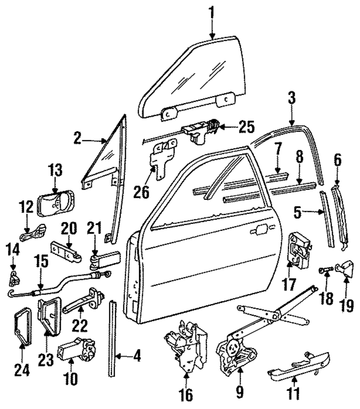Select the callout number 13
pyautogui.click(x=55, y=170)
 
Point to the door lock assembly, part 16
pyautogui.click(x=185, y=346)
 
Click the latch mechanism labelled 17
pyautogui.click(x=300, y=250)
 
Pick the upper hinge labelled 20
pyautogui.click(x=66, y=251)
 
